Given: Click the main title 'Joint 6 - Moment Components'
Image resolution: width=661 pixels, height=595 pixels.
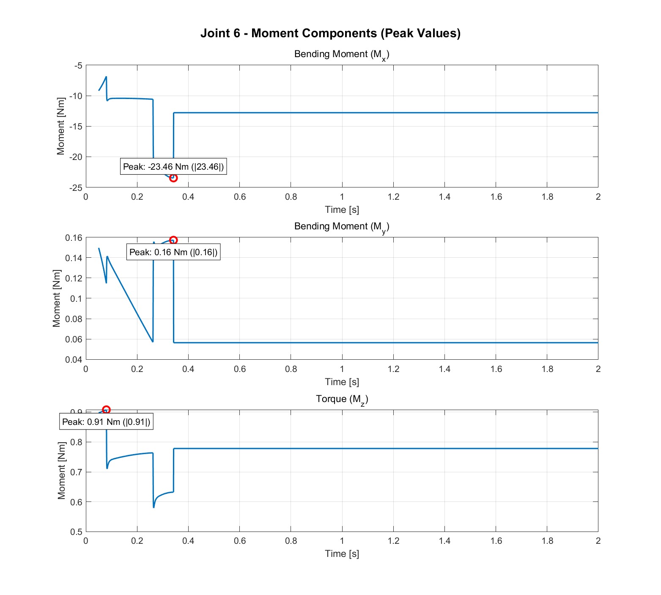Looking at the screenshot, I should point(330,33).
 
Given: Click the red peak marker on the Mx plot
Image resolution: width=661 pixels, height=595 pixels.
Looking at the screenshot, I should point(173,178).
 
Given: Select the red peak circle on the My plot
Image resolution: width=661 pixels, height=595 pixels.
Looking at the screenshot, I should point(173,240).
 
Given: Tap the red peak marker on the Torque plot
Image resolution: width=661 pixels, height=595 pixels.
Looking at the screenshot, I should point(107,410).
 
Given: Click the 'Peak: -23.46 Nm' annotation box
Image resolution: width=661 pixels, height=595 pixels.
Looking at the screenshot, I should point(173,167).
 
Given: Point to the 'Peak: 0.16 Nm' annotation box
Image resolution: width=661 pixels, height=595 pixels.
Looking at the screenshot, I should point(173,252).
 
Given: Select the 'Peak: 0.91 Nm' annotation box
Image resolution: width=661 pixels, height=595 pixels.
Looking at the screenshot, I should point(106,422).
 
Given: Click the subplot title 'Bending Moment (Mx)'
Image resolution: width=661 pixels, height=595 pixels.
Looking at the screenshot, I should point(342,55).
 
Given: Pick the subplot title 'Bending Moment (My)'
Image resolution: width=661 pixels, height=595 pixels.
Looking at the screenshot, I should point(342,227).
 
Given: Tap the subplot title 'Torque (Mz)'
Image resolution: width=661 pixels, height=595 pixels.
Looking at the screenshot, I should point(342,399).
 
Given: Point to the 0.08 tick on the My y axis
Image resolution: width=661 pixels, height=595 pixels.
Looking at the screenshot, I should point(73,319).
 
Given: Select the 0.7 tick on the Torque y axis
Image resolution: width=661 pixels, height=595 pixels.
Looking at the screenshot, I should point(76,472).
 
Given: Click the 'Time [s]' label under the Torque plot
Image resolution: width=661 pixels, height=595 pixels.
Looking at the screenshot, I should point(342,554).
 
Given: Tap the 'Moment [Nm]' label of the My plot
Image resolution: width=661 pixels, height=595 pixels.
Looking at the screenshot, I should point(57,298).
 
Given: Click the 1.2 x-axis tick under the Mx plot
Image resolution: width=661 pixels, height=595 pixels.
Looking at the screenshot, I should point(393,197).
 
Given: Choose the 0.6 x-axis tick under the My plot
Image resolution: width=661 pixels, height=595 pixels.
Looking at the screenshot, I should point(240,369).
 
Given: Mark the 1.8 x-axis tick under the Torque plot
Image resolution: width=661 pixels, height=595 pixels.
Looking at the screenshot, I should point(547,541).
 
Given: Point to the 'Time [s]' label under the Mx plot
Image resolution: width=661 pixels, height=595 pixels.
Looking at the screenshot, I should point(342,209).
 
